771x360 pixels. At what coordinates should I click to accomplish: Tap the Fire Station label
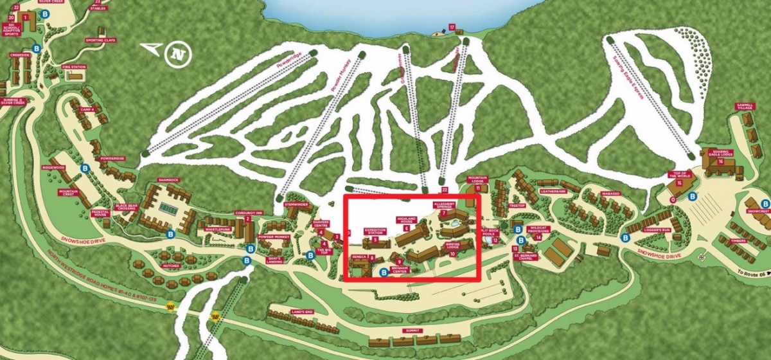click(x=73, y=67)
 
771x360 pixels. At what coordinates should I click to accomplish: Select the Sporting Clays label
click(x=99, y=40)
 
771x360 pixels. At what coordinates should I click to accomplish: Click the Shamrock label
click(x=169, y=181)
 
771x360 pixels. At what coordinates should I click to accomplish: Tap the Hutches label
click(x=171, y=265)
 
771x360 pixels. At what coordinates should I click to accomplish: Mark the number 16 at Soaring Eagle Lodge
click(x=721, y=162)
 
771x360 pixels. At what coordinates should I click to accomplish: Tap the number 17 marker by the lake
click(x=452, y=28)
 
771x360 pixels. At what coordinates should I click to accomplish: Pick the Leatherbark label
click(x=553, y=191)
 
